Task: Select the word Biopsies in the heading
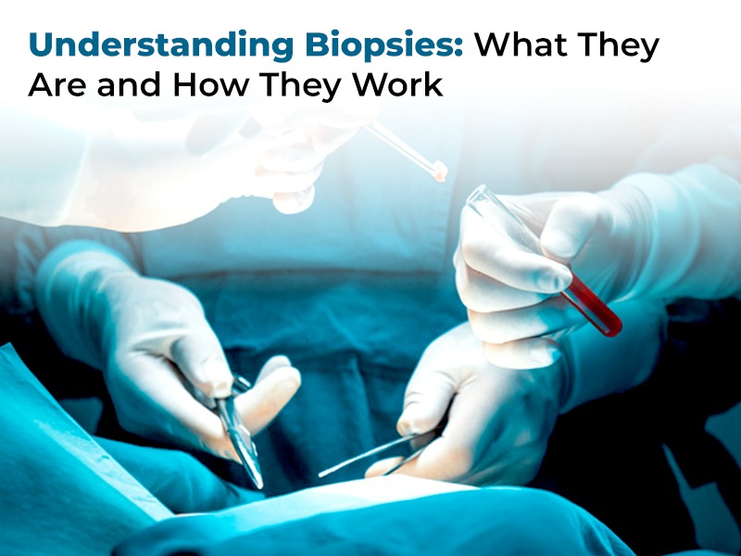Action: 383,45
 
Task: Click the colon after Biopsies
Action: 458,50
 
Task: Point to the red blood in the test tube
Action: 592,307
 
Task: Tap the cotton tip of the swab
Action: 439,171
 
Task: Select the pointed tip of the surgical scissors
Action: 259,485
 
